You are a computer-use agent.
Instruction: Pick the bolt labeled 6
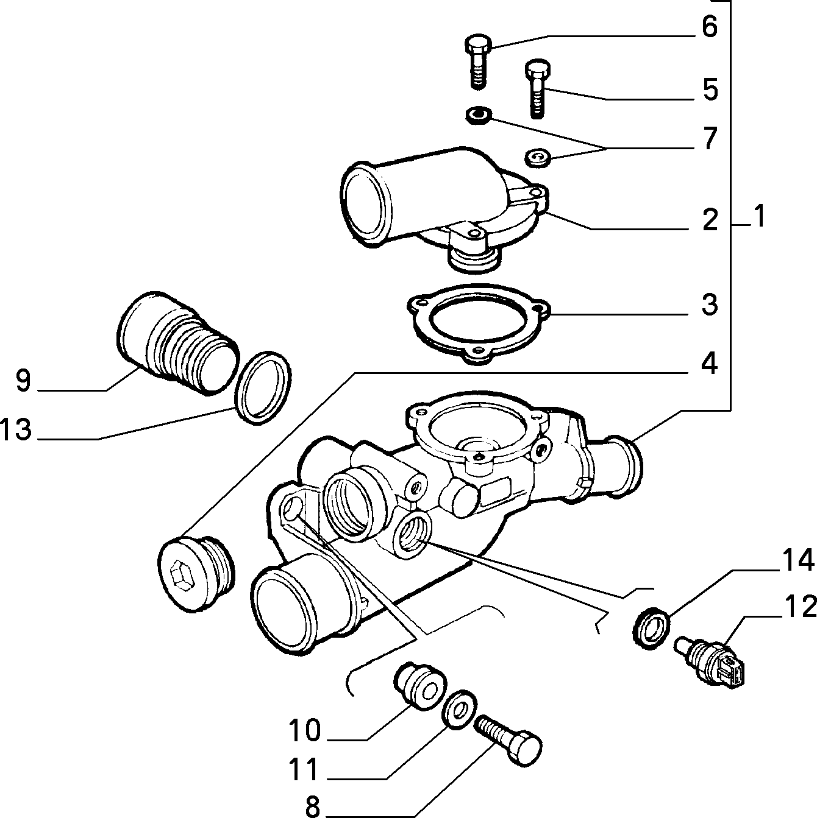click(479, 62)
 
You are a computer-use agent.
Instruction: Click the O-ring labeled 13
click(263, 387)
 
